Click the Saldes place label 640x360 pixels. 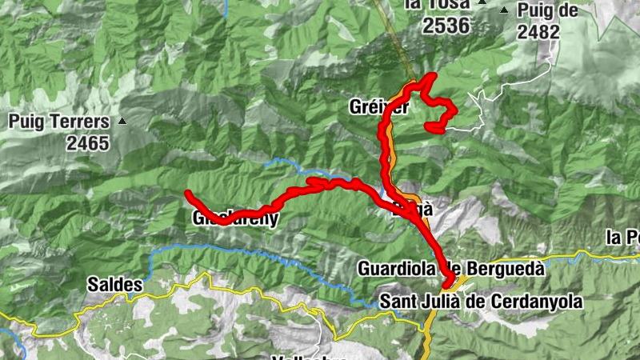(x=115, y=285)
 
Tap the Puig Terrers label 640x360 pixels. (x=58, y=123)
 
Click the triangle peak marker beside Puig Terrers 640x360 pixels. (x=122, y=122)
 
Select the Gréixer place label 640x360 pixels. (x=377, y=106)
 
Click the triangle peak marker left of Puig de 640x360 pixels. (x=504, y=10)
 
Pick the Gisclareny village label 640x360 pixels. (x=235, y=218)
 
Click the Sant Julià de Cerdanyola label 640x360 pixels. (x=481, y=302)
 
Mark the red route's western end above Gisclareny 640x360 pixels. (x=187, y=194)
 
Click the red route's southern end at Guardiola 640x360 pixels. (x=447, y=282)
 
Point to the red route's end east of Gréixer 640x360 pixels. (x=430, y=126)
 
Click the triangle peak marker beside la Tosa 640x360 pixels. (x=482, y=4)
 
